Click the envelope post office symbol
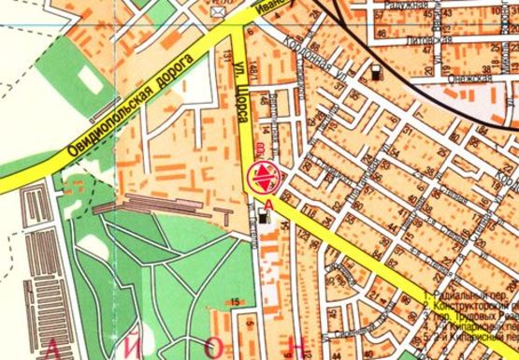coord(218,12)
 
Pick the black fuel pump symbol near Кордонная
coord(376,69)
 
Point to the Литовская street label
coord(431,41)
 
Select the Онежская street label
coord(474,79)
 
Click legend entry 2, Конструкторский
coord(468,305)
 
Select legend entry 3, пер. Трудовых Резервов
coord(468,316)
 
